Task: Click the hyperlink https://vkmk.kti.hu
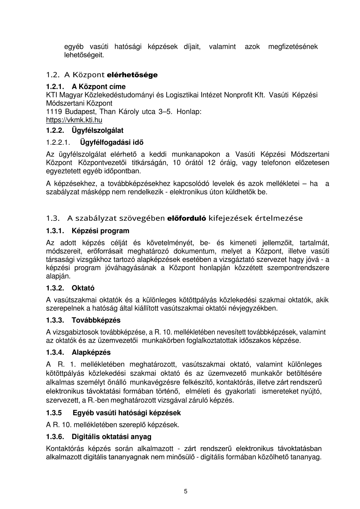tap(74, 120)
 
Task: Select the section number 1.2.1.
tap(55, 87)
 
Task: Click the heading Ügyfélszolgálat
tap(97, 130)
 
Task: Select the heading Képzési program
tap(100, 231)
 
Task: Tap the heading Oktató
tap(83, 288)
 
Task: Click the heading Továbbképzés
tap(96, 320)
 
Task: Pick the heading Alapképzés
tap(91, 352)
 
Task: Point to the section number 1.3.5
tap(54, 413)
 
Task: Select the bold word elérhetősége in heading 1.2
tap(133, 75)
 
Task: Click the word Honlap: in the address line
tap(189, 112)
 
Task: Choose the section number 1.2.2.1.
tap(58, 143)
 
